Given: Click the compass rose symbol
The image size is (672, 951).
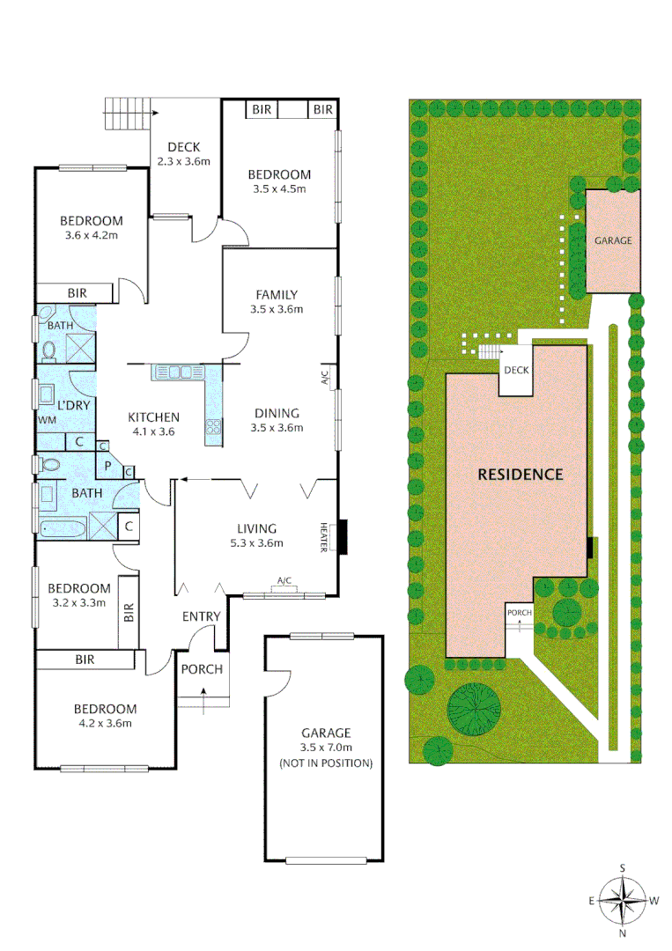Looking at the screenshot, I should click(x=623, y=900).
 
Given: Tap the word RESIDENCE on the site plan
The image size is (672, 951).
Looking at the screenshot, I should click(x=520, y=474).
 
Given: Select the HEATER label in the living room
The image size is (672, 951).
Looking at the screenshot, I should click(x=324, y=537).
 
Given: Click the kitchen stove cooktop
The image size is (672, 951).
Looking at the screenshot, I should click(x=213, y=429).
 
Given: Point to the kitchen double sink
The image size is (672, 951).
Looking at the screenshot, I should click(x=179, y=372).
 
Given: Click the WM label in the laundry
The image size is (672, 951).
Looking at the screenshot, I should click(x=46, y=420).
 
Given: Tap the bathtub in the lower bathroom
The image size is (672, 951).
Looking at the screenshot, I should click(x=63, y=528).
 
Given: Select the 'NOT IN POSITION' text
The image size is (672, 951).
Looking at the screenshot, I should click(x=326, y=763).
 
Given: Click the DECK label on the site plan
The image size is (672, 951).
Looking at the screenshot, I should click(x=517, y=370).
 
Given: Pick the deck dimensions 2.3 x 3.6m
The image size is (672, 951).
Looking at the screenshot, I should click(x=184, y=161).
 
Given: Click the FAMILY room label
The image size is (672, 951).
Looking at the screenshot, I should click(x=277, y=295).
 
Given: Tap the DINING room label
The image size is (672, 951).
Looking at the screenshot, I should click(x=277, y=413).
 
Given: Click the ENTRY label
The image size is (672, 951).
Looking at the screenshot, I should click(x=201, y=616).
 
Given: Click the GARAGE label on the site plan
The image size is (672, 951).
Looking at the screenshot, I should click(x=612, y=240).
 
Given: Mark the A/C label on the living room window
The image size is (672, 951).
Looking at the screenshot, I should click(x=284, y=581).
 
